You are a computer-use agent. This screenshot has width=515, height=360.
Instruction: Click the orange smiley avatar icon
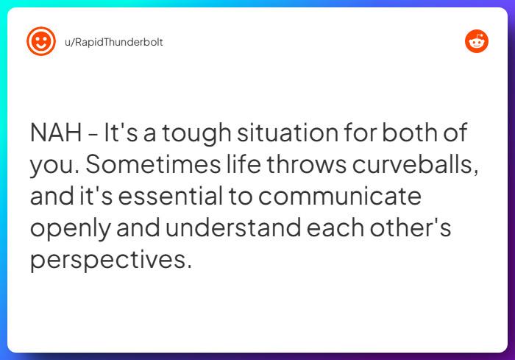(x=41, y=41)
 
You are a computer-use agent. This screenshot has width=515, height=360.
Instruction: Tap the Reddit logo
(x=477, y=41)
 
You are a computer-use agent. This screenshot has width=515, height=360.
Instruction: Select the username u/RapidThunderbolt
(x=109, y=42)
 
